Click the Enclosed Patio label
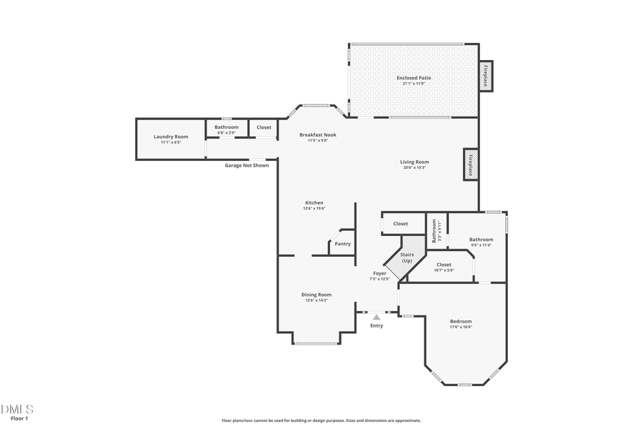(414, 78)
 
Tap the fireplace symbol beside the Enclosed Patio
(485, 75)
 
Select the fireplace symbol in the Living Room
(471, 164)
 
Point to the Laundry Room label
(171, 137)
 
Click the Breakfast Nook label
(317, 134)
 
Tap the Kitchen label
(314, 203)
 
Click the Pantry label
(343, 244)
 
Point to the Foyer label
(379, 273)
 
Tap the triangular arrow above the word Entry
(377, 317)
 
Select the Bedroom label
(461, 322)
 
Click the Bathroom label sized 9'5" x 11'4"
(481, 240)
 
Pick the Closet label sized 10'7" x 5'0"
(444, 265)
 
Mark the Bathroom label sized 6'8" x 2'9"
(226, 127)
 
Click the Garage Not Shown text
(247, 165)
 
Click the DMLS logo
(17, 409)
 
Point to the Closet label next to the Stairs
(401, 224)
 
